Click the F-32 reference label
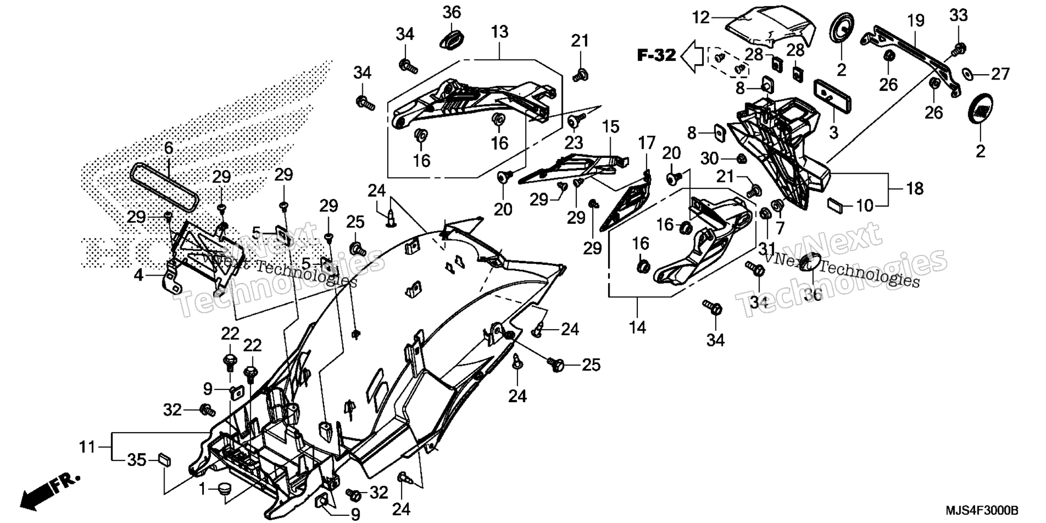657,55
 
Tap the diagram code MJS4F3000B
982,510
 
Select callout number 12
702,17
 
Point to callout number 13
499,32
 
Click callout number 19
916,21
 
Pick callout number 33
959,15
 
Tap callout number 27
1001,74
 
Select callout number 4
139,275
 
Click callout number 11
87,447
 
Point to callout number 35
137,460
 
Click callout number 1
203,490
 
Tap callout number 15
611,127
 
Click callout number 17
647,143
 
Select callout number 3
833,132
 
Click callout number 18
915,188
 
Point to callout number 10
865,205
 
